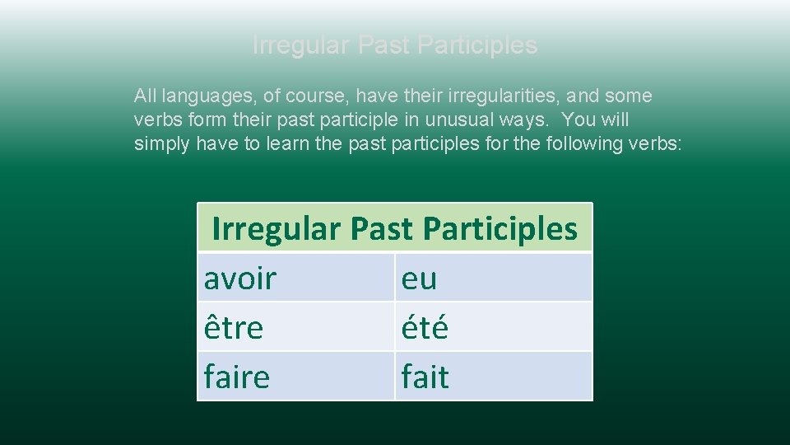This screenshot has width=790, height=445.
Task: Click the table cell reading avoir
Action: pos(240,279)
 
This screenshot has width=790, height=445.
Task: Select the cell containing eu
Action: pos(419,279)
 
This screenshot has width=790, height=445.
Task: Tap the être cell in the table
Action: pos(234,328)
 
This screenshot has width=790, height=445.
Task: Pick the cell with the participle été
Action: pos(425,328)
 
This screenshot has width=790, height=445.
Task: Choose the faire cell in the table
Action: pos(237,377)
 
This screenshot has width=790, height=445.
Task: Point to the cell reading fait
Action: pos(425,377)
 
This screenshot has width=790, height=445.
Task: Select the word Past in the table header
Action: pos(381,229)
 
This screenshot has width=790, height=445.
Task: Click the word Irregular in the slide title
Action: pos(301,44)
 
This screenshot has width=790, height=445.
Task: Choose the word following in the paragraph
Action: pos(588,144)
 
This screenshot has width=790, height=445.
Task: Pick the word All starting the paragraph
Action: pos(145,96)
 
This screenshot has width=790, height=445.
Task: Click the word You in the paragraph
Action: pos(577,120)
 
